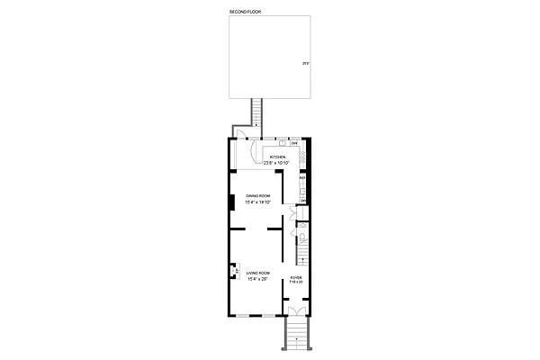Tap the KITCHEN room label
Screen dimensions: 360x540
tap(279, 157)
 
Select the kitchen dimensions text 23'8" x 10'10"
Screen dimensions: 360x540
tap(279, 162)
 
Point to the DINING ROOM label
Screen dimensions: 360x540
tap(259, 196)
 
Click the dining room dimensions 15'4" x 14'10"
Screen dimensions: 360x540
tap(259, 202)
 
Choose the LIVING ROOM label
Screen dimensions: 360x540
tap(258, 273)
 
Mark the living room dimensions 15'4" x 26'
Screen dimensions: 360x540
tap(258, 279)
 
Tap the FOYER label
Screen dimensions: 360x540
tap(296, 277)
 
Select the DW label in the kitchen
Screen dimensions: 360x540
tap(294, 141)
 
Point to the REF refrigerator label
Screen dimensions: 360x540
tap(302, 178)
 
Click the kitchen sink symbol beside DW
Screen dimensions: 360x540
tap(282, 141)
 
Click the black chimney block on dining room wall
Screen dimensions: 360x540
tap(232, 202)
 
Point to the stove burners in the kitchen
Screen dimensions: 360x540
tap(303, 158)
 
